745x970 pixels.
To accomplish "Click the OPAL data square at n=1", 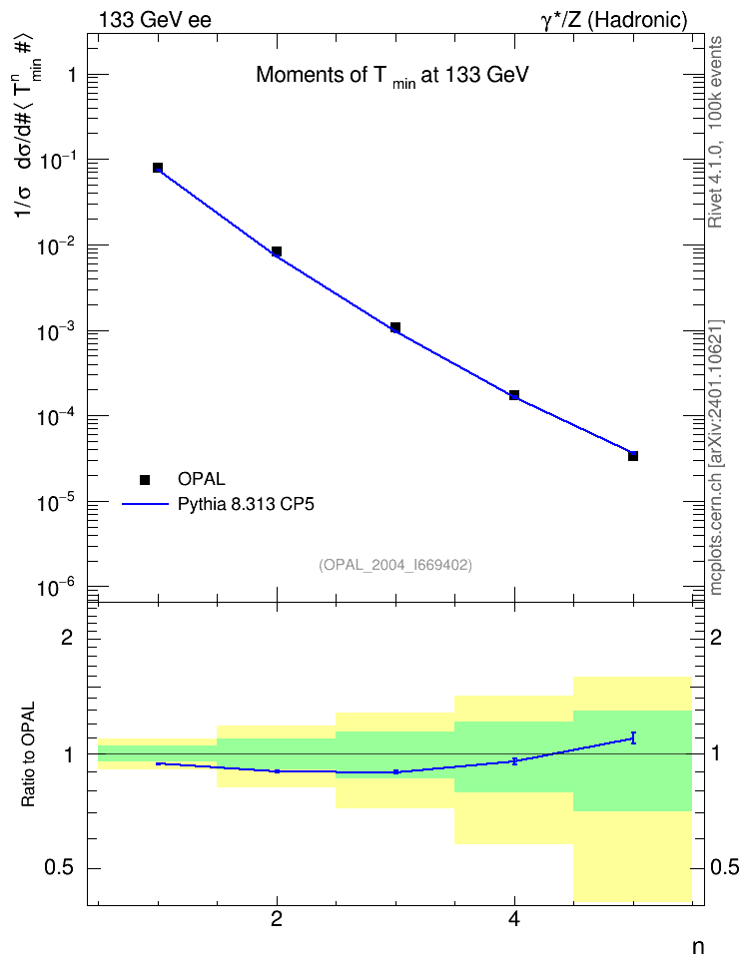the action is pyautogui.click(x=158, y=168).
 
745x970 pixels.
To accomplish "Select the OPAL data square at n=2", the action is pyautogui.click(x=277, y=251).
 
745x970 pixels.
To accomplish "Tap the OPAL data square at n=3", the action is pyautogui.click(x=395, y=327).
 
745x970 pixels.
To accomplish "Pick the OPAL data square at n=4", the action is pyautogui.click(x=514, y=394).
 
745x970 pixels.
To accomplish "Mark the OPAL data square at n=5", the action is pyautogui.click(x=633, y=456).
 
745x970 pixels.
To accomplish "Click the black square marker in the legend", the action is pyautogui.click(x=146, y=479).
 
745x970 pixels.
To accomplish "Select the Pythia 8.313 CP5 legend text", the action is pyautogui.click(x=246, y=504).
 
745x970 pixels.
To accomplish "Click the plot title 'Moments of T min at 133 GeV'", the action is pyautogui.click(x=392, y=76).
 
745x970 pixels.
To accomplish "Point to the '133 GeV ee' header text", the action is pyautogui.click(x=155, y=20).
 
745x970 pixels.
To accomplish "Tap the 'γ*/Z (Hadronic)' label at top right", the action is pyautogui.click(x=614, y=20).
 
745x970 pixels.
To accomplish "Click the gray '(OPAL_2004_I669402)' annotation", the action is pyautogui.click(x=395, y=565).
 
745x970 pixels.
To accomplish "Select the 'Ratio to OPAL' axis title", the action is pyautogui.click(x=28, y=754).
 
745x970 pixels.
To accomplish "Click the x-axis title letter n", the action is pyautogui.click(x=698, y=946).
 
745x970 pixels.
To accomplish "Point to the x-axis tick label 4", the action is pyautogui.click(x=514, y=919).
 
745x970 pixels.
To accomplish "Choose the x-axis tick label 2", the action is pyautogui.click(x=277, y=919).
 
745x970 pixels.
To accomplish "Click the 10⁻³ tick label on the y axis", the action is pyautogui.click(x=55, y=331).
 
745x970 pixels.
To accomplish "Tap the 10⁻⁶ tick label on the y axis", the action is pyautogui.click(x=55, y=587).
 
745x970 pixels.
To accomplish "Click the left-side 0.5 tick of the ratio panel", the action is pyautogui.click(x=59, y=868).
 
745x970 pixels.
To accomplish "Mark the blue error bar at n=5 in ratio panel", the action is pyautogui.click(x=633, y=737).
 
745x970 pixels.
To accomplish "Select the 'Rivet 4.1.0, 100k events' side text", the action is pyautogui.click(x=715, y=132).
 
